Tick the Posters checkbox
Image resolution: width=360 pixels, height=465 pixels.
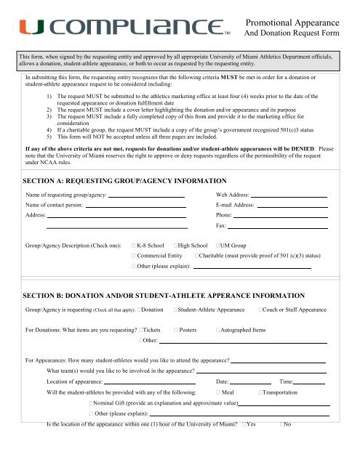(175, 330)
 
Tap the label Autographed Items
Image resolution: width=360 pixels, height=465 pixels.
(244, 330)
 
